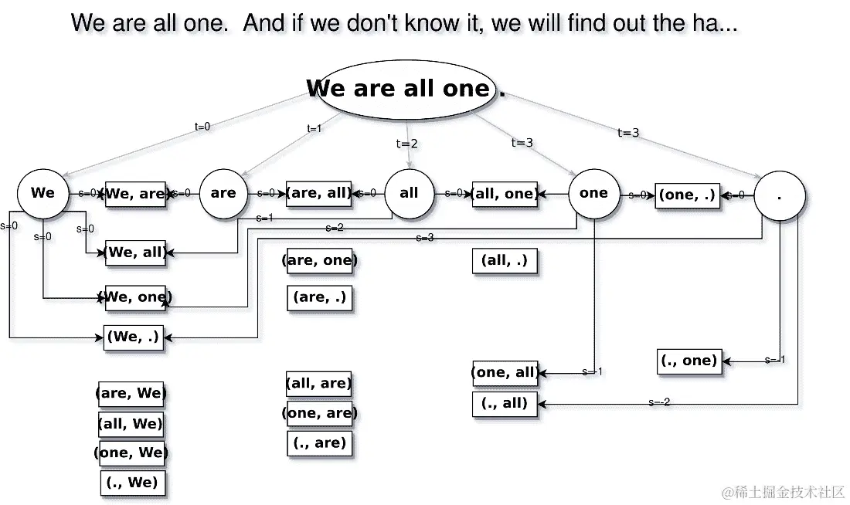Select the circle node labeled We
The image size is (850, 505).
(42, 193)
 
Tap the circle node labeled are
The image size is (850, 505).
(223, 193)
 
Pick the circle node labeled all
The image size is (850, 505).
(409, 193)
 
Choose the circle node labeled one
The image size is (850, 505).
(593, 193)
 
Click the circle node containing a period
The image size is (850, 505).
(779, 195)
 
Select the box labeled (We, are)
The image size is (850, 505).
(135, 194)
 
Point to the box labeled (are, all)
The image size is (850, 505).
(318, 193)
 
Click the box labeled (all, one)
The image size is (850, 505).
(505, 194)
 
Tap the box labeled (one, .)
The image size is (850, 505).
(688, 195)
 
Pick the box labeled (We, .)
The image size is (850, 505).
(134, 337)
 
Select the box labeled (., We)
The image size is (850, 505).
(133, 483)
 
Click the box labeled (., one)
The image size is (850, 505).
(689, 361)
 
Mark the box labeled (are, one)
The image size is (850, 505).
(319, 261)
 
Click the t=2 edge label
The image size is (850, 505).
(407, 144)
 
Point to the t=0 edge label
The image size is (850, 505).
(202, 127)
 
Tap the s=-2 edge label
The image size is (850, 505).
(659, 402)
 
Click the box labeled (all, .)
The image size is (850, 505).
(505, 261)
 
